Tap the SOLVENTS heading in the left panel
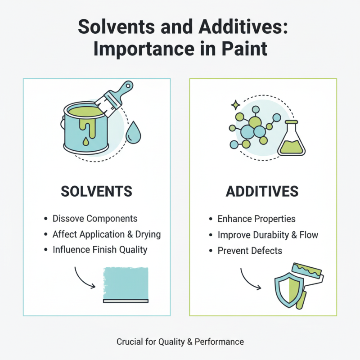(96, 191)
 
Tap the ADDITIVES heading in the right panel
(262, 191)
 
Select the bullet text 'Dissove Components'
(94, 219)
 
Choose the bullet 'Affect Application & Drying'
(106, 234)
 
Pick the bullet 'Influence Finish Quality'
(99, 250)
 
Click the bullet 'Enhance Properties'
(256, 219)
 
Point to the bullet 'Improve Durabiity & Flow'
(268, 234)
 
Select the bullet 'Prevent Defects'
(250, 250)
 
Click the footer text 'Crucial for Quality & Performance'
(180, 342)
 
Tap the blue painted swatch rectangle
(126, 283)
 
